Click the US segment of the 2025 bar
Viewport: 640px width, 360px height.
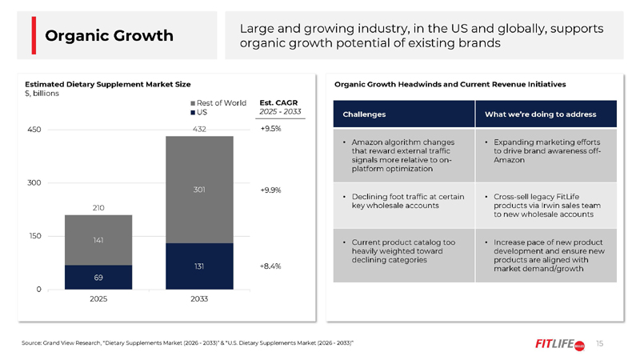98,277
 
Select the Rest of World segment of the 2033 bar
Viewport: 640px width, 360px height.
199,190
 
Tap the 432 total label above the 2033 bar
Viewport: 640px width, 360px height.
199,129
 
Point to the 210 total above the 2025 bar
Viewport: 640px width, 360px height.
98,208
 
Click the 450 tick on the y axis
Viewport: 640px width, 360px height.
34,130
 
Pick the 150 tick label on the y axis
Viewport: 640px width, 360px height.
34,236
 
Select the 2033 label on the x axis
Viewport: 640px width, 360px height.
199,298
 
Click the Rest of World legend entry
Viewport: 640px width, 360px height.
218,103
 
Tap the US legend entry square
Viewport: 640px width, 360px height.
193,113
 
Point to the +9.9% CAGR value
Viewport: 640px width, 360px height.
270,190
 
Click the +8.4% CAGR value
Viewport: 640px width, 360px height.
270,266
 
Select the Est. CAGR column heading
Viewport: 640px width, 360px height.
278,103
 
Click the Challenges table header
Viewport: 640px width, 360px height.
364,114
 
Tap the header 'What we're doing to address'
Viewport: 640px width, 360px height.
541,114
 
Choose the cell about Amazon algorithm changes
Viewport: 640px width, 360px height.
404,155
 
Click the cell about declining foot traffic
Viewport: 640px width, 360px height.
404,206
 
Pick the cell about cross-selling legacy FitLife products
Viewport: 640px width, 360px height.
546,206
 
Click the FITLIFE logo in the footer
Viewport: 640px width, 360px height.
560,344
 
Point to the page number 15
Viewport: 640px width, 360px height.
599,344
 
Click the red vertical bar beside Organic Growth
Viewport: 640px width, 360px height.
34,35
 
